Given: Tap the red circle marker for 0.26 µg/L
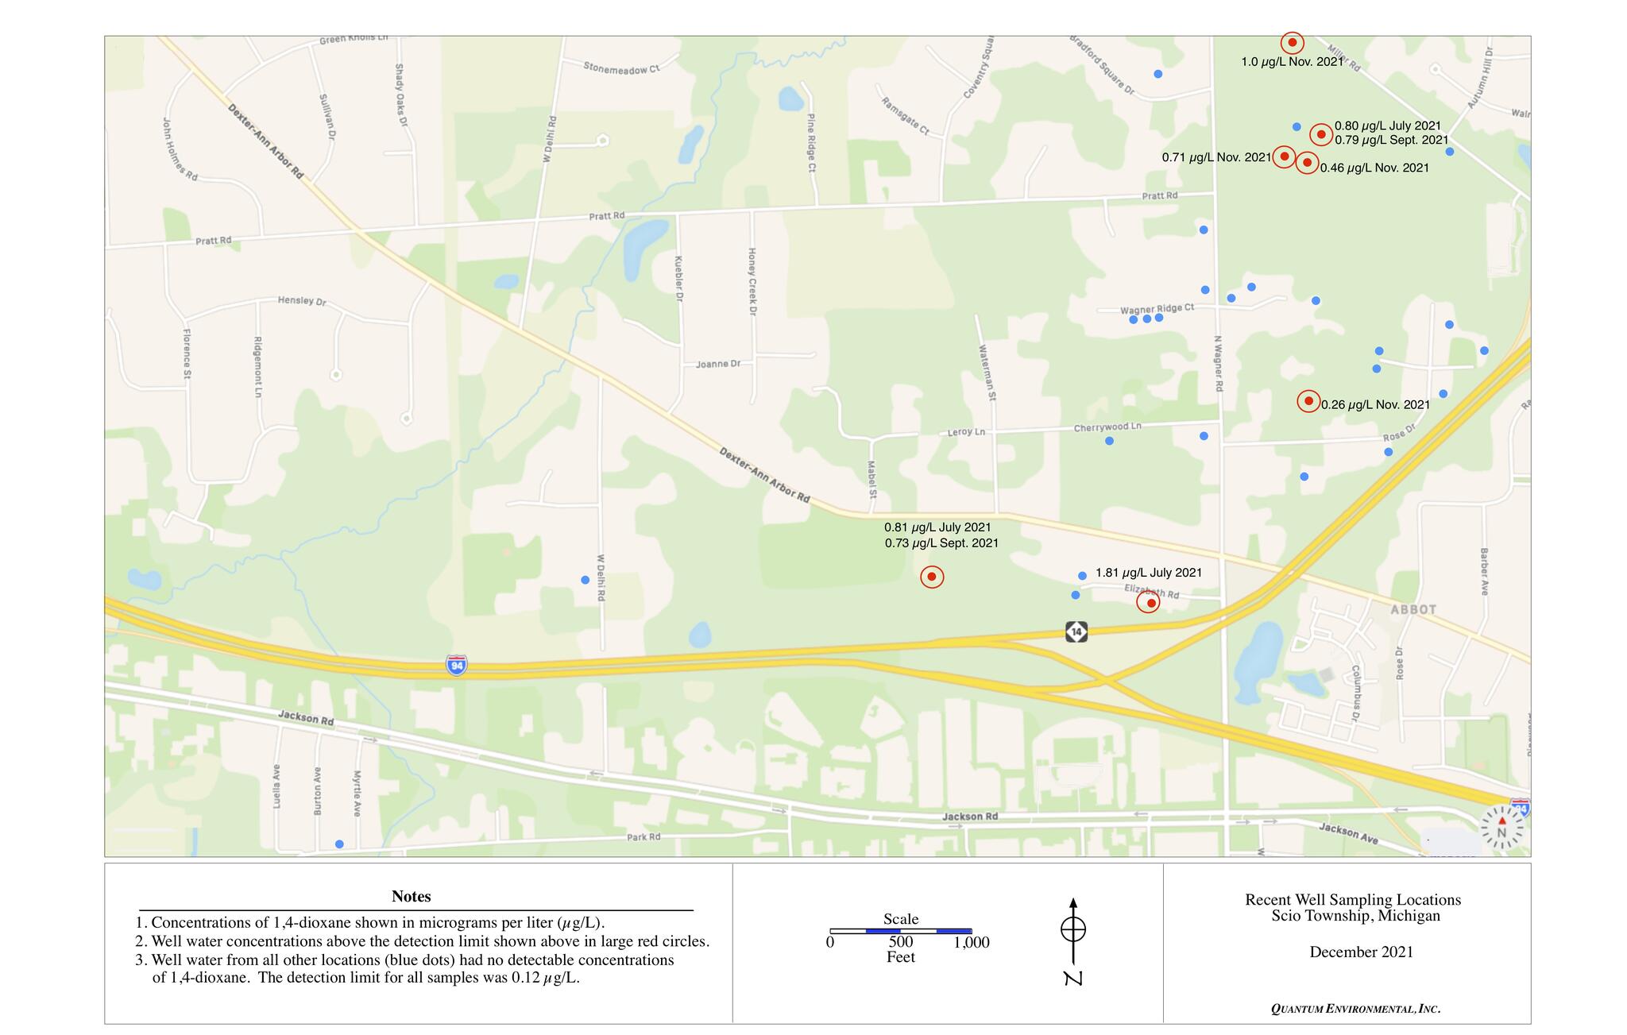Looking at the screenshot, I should pyautogui.click(x=1308, y=401).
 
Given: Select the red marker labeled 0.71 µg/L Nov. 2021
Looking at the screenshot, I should pyautogui.click(x=1284, y=156).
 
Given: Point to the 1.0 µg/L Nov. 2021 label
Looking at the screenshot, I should pyautogui.click(x=1292, y=61).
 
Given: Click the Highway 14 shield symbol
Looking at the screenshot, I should pyautogui.click(x=1076, y=631).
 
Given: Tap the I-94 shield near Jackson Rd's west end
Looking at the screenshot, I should pyautogui.click(x=456, y=665).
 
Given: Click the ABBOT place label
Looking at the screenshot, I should pyautogui.click(x=1413, y=609).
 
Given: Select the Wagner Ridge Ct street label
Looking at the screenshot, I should pyautogui.click(x=1157, y=308).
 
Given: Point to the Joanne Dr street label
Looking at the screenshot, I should pyautogui.click(x=718, y=364).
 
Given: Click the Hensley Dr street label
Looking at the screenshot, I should pyautogui.click(x=302, y=301).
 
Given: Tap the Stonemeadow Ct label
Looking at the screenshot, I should pyautogui.click(x=621, y=68).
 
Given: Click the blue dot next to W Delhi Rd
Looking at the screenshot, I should pyautogui.click(x=585, y=580).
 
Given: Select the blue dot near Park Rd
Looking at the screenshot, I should pyautogui.click(x=339, y=844).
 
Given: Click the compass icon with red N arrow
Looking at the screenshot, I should pyautogui.click(x=1501, y=828).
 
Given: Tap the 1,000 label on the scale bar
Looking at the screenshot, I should pyautogui.click(x=972, y=943).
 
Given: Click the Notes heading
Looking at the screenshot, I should pyautogui.click(x=411, y=896).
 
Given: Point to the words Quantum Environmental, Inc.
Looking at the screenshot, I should pyautogui.click(x=1355, y=1009).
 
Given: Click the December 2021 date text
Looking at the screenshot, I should pyautogui.click(x=1361, y=952).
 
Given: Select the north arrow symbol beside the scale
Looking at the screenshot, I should pyautogui.click(x=1073, y=937).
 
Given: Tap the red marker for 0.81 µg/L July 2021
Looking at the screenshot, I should pyautogui.click(x=932, y=577).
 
